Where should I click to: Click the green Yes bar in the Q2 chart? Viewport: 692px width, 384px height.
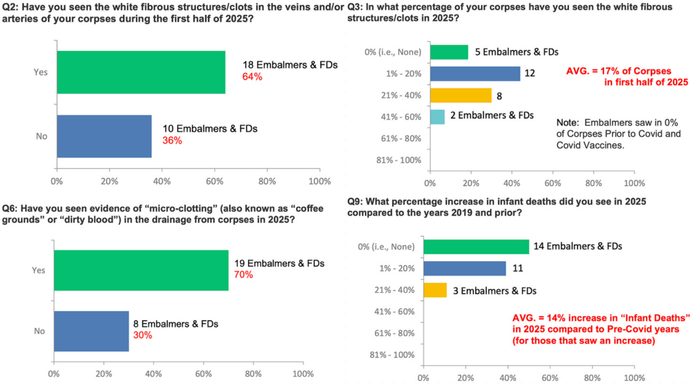(x=141, y=72)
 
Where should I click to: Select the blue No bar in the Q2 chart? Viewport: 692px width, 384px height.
(x=104, y=136)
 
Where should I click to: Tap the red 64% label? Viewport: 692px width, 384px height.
(x=252, y=76)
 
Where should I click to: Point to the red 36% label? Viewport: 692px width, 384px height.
(x=172, y=141)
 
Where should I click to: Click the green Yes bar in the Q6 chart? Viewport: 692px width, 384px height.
(x=141, y=270)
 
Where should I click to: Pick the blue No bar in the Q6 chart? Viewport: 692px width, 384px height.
(x=91, y=332)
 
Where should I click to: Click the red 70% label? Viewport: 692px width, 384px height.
(x=244, y=274)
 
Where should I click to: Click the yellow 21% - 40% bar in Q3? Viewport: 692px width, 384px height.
(x=460, y=95)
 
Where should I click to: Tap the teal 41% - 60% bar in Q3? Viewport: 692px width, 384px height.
(x=437, y=116)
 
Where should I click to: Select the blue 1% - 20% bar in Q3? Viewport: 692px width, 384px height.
(x=474, y=74)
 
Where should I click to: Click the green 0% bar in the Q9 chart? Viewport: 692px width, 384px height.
(x=476, y=247)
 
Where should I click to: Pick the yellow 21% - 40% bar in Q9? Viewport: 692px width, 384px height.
(x=435, y=290)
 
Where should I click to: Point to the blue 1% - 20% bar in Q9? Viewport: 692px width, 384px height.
(x=464, y=268)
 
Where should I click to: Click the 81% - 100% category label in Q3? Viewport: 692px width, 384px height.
(x=402, y=160)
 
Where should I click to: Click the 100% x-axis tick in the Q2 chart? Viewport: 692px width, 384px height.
(x=319, y=181)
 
